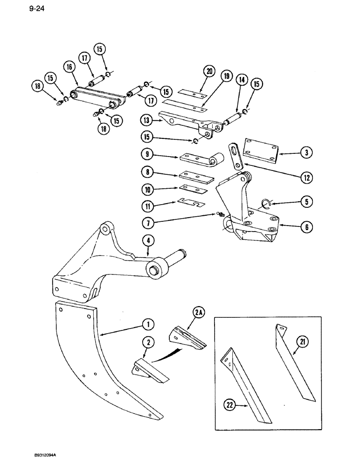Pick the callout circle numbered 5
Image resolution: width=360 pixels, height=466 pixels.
306,202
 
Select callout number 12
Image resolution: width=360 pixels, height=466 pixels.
306,178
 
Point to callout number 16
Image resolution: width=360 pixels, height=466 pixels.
70,68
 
